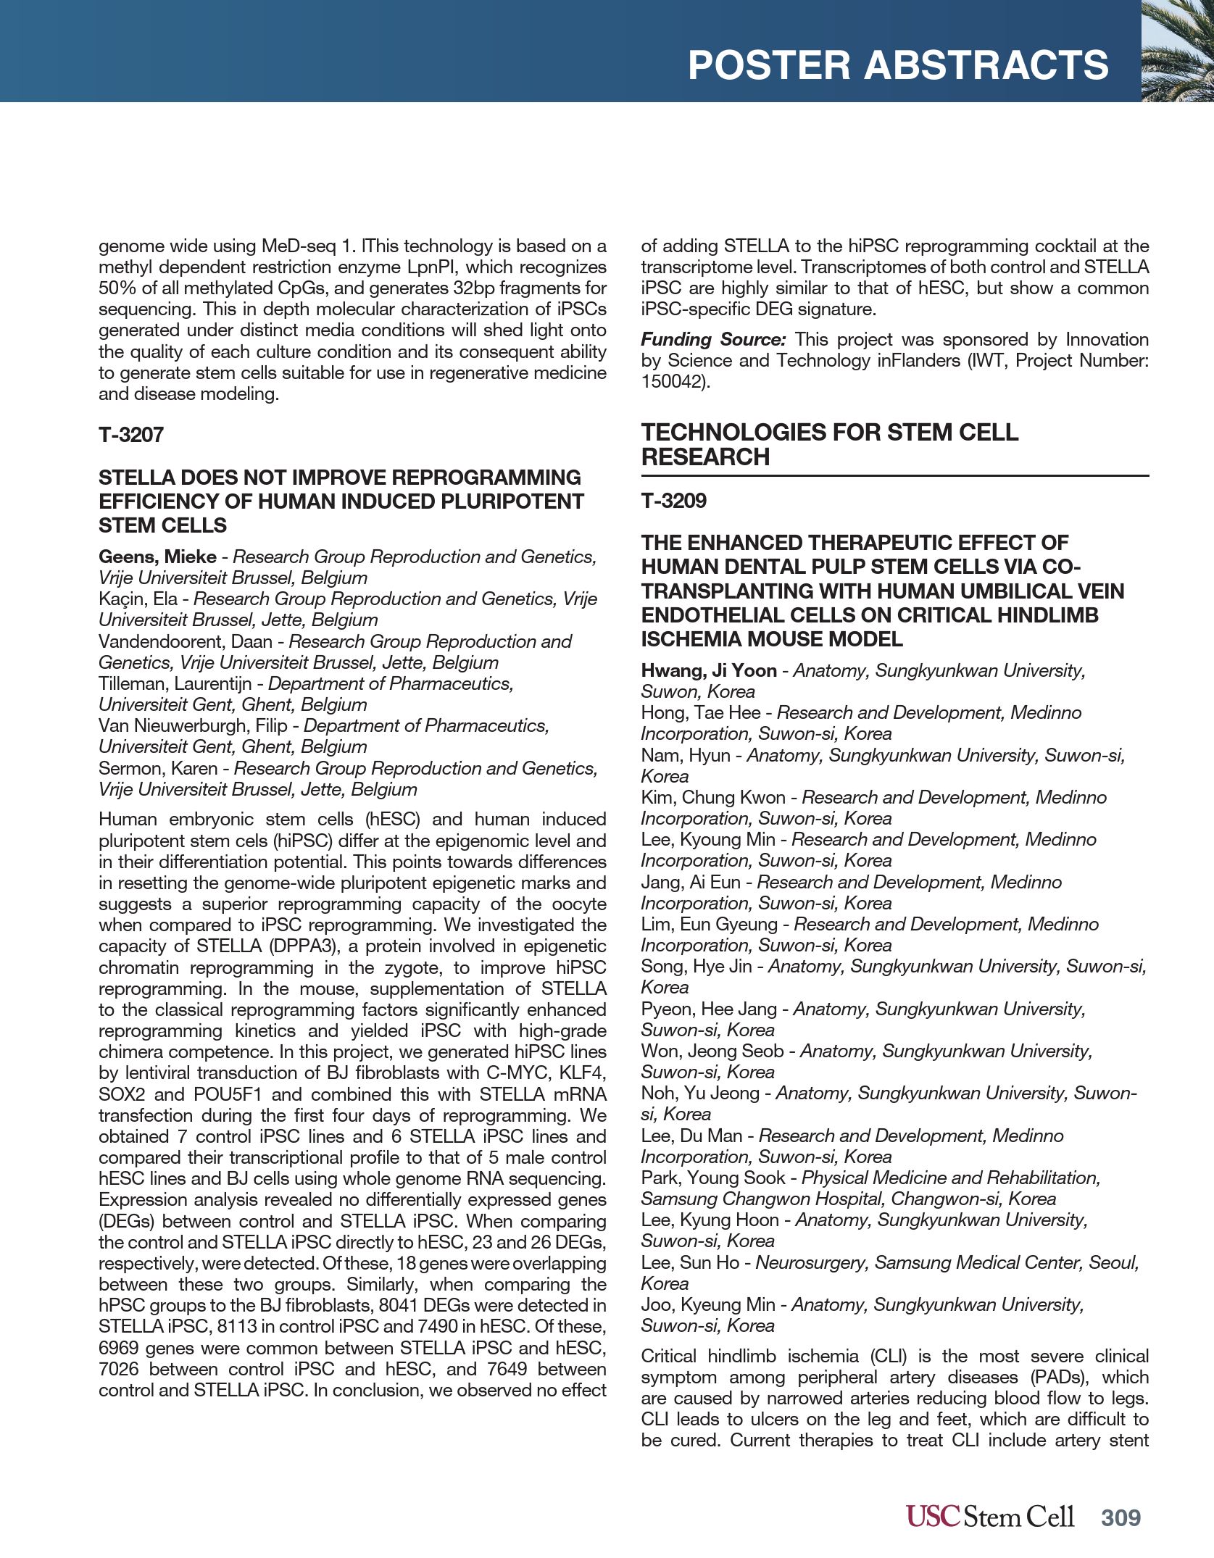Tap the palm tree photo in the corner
(1178, 51)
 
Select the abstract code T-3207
(131, 435)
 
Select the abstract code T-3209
(673, 501)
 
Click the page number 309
(1121, 1517)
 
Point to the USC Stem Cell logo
(989, 1516)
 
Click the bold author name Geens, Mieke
(157, 557)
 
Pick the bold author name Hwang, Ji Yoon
(708, 670)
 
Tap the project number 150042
(673, 382)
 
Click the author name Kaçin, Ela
(138, 599)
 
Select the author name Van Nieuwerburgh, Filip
(193, 725)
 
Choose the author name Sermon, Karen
(158, 768)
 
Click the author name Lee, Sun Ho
(689, 1262)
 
